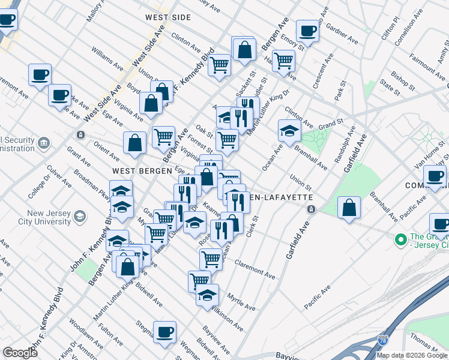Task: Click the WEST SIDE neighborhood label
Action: [x=167, y=17]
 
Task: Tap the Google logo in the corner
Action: [x=20, y=352]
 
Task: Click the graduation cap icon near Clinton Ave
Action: [x=289, y=131]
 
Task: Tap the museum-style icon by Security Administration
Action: [x=44, y=143]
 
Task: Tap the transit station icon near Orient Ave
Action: [x=80, y=134]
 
